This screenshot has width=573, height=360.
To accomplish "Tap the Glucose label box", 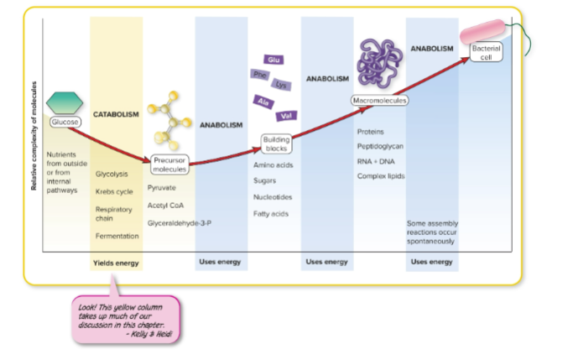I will click(65, 123).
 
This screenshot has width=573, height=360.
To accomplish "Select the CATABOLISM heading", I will click(116, 114).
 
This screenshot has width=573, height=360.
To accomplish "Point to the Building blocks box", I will click(276, 143).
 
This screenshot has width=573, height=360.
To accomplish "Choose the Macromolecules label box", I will click(379, 100).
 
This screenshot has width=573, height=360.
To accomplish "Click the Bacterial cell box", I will click(486, 52).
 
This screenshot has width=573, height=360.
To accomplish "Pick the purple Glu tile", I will click(273, 60).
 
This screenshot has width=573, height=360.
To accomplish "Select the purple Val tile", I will click(286, 115).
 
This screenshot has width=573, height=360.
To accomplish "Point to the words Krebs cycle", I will click(114, 191).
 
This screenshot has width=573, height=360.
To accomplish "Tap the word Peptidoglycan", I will click(380, 146).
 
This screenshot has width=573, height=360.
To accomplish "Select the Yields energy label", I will click(116, 262).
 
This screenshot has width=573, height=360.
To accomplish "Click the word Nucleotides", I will click(273, 197).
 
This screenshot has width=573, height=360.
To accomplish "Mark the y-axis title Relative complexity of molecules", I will click(34, 135).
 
